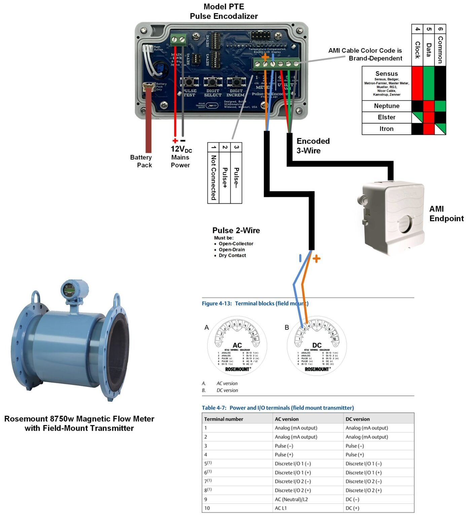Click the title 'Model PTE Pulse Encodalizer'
pyautogui.click(x=224, y=11)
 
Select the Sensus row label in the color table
pyautogui.click(x=387, y=74)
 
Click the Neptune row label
pyautogui.click(x=387, y=106)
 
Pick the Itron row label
pyautogui.click(x=387, y=129)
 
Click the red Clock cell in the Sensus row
pyautogui.click(x=417, y=83)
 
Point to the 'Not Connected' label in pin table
pyautogui.click(x=213, y=177)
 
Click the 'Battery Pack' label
pyautogui.click(x=141, y=161)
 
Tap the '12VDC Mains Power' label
pyautogui.click(x=181, y=157)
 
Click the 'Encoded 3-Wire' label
pyautogui.click(x=313, y=146)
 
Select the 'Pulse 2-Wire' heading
pyautogui.click(x=236, y=231)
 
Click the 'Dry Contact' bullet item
pyautogui.click(x=232, y=255)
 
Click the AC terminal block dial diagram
pyautogui.click(x=237, y=345)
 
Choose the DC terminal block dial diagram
pyautogui.click(x=317, y=345)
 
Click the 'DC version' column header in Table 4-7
pyautogui.click(x=358, y=419)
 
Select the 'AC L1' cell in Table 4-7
pyautogui.click(x=281, y=508)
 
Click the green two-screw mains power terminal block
pyautogui.click(x=178, y=40)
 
